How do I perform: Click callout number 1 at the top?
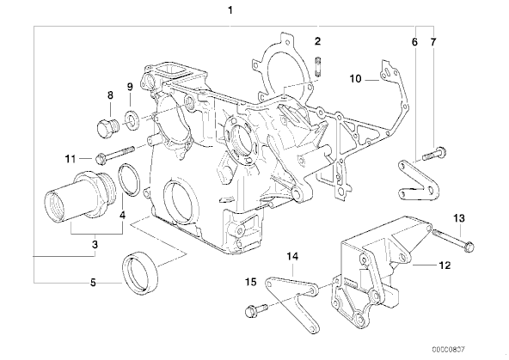coord(230,10)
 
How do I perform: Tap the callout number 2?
coord(317,41)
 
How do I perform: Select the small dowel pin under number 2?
coord(318,67)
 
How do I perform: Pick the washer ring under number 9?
coord(132,119)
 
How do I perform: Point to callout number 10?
coord(355,79)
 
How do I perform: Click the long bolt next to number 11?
coord(115,154)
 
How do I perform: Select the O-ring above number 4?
coord(129,180)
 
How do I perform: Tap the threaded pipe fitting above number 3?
coord(78,198)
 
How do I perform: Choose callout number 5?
coord(93,283)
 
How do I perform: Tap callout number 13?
coord(459,218)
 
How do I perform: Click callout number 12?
coord(445,265)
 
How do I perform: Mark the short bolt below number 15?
coord(256,310)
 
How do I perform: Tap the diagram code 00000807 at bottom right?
coord(449,350)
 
